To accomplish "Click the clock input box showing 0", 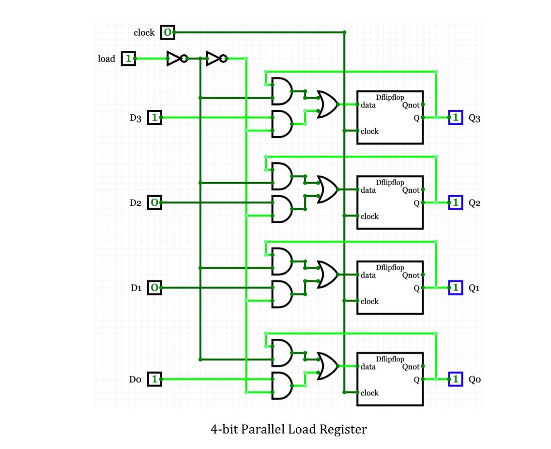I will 167,32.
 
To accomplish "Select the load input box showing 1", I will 128,59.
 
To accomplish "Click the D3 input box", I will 154,117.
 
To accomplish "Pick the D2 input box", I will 154,202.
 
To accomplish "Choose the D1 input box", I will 154,288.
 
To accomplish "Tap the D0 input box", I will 154,379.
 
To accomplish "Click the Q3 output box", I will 456,117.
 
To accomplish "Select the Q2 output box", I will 456,202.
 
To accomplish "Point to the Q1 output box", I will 456,288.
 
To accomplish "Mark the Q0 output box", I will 456,379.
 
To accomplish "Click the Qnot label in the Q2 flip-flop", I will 411,190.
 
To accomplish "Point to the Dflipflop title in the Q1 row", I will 390,267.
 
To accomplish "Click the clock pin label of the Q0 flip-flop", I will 369,393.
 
